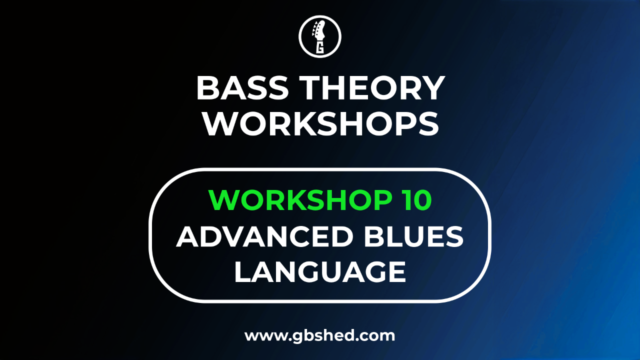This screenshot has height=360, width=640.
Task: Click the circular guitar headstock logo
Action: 320,36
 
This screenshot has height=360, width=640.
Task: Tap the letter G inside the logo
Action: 320,47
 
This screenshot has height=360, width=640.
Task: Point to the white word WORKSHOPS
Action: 320,124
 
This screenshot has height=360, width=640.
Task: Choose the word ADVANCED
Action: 265,236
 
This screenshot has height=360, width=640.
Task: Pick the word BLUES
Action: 413,236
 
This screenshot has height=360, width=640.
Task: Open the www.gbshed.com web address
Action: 319,336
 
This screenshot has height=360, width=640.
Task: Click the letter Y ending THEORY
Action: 433,88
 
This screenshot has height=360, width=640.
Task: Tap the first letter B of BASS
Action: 207,88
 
